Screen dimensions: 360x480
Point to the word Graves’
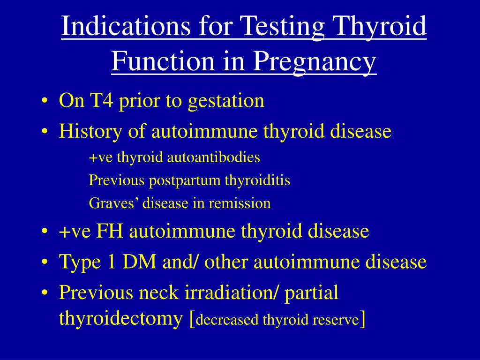pos(114,203)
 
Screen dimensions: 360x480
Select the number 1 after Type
pos(112,262)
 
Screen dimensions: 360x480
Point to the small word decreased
pos(227,321)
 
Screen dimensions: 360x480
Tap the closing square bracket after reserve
pos(363,319)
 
